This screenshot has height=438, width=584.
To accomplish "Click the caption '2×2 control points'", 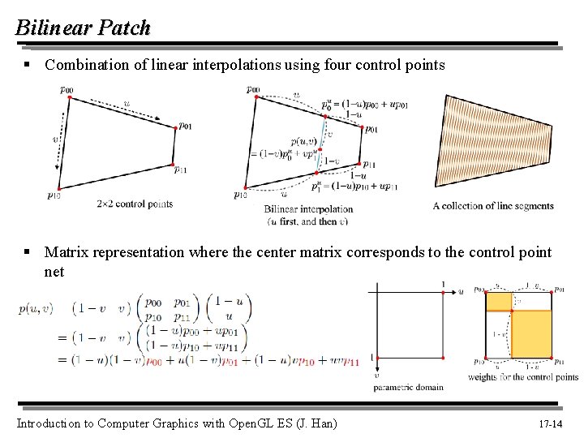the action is (135, 204).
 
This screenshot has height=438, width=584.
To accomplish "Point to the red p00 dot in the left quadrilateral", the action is (69, 98).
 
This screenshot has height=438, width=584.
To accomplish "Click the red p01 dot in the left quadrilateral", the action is (175, 127).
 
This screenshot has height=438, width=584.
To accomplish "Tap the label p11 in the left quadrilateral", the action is (181, 169).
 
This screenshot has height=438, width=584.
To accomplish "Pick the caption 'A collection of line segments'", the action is (493, 206).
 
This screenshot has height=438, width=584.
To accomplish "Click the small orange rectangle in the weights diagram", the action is (498, 300).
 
